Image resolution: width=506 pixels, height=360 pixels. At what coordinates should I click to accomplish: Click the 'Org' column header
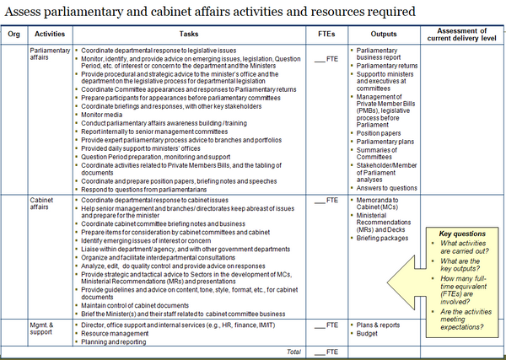coord(14,35)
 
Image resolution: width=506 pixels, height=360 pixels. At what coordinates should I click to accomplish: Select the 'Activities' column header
coord(51,35)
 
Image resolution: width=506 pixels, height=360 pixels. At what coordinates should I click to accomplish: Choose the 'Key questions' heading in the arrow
coord(462,234)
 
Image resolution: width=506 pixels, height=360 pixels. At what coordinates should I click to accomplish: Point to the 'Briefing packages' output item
coord(389,238)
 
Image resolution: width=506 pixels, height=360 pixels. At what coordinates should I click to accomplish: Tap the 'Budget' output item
coord(370,334)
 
